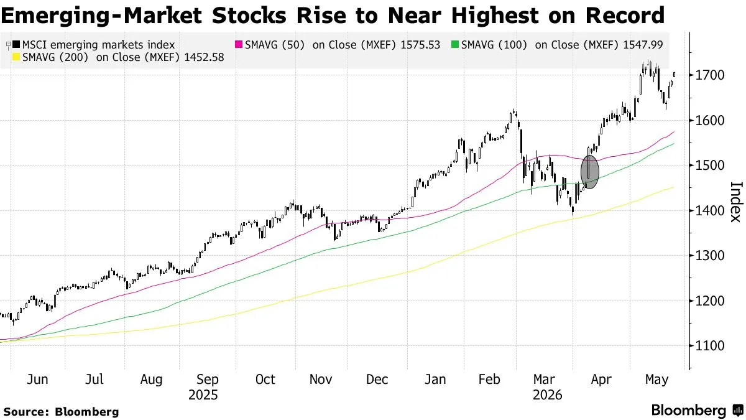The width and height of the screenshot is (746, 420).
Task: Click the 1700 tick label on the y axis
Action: coord(710,75)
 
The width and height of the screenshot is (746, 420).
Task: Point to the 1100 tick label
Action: coord(710,346)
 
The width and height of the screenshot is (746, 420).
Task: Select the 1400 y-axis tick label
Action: coord(710,210)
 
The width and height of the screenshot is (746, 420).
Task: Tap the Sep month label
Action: coord(208,380)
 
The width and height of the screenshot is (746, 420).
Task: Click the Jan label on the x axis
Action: coord(435,380)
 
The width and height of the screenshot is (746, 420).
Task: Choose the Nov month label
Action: coord(321,380)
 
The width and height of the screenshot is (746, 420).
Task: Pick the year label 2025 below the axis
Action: coord(203,395)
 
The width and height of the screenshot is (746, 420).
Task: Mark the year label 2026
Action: coord(548,395)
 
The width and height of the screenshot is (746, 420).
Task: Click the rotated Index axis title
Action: coord(735,202)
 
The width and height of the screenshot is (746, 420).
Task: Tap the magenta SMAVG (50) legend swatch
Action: coord(239,44)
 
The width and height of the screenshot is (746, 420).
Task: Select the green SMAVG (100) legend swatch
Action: coord(455,44)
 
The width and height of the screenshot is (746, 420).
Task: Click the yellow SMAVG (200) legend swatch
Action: coord(16,57)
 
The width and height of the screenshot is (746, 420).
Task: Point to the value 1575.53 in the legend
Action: coord(420,45)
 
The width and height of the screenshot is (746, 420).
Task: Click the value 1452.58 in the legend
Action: coord(204,57)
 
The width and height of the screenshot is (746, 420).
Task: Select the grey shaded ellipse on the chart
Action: coord(590,172)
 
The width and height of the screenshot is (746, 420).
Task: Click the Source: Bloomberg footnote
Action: coord(62,412)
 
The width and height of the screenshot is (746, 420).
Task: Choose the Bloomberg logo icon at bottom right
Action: coord(738,410)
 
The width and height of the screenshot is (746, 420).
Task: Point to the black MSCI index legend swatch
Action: coord(16,44)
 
